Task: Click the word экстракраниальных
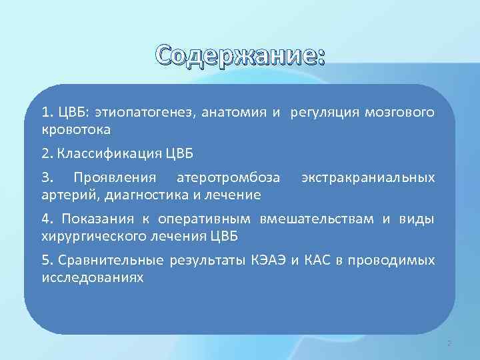click(368, 178)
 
